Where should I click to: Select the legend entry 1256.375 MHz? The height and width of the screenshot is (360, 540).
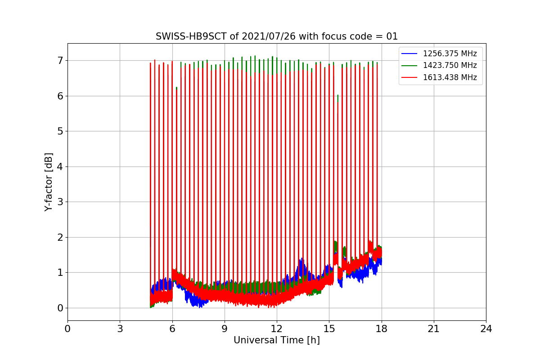point(450,54)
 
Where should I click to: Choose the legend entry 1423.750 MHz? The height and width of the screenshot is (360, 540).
point(450,65)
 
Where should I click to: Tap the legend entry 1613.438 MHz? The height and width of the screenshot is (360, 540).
point(450,77)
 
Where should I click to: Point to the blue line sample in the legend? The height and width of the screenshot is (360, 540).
point(409,54)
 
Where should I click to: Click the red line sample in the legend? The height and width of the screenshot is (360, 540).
point(409,77)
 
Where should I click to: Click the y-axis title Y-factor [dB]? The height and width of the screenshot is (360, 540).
point(49,182)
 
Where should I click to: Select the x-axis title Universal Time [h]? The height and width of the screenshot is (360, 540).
point(276,340)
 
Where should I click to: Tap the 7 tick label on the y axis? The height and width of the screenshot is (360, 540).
point(59,60)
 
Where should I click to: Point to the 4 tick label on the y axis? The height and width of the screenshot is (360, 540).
point(59,166)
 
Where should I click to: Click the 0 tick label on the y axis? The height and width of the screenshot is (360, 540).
point(59,308)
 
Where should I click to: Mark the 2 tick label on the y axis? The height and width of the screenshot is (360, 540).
point(59,237)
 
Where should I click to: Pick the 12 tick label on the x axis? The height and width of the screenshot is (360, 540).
point(276,329)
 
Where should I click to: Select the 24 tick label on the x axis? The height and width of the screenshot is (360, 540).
point(486,329)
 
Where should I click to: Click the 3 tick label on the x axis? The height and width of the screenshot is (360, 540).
point(120,329)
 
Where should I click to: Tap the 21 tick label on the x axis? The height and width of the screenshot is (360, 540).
point(433,329)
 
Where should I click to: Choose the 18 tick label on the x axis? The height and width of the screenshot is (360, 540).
point(381,329)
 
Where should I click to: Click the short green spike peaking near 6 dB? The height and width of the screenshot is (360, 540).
point(337,96)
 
